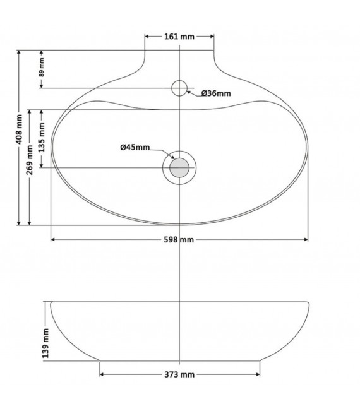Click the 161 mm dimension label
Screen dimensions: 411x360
[179, 37]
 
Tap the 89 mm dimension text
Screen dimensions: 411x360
[42, 68]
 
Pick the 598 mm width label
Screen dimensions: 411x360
[179, 240]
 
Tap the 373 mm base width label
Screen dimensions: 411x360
[179, 374]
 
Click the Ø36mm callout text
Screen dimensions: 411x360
[216, 93]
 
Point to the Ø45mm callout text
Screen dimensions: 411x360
[135, 147]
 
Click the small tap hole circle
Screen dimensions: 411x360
[180, 87]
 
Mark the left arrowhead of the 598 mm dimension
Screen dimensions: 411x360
[53, 240]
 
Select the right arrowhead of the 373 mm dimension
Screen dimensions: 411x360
[258, 374]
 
